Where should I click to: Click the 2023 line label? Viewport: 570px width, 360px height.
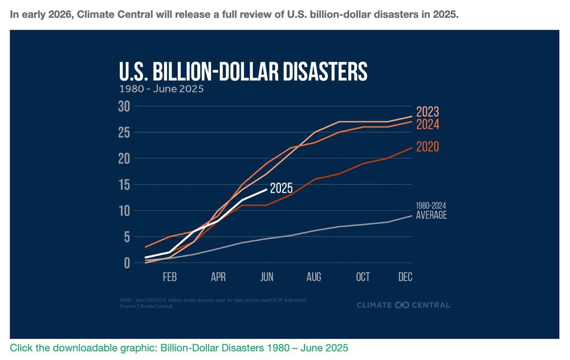427,112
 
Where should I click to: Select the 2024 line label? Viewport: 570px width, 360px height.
427,124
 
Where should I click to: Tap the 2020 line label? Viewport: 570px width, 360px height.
427,147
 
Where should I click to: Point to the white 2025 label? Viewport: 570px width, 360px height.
282,188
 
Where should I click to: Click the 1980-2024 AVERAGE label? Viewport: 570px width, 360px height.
431,211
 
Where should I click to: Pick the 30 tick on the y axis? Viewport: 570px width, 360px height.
124,106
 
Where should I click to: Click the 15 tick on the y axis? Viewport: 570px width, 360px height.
124,185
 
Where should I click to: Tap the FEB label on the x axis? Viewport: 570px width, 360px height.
170,277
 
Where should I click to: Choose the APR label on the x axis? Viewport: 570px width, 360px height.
218,277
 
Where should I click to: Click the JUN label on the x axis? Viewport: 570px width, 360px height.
267,277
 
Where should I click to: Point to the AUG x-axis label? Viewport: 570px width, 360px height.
313,277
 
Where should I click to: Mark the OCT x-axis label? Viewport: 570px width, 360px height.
363,277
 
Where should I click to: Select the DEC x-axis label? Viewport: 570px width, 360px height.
405,277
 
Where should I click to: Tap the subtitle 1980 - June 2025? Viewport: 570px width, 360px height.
161,89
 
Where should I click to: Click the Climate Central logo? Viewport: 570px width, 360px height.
403,305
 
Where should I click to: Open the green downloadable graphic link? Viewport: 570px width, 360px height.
178,347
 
